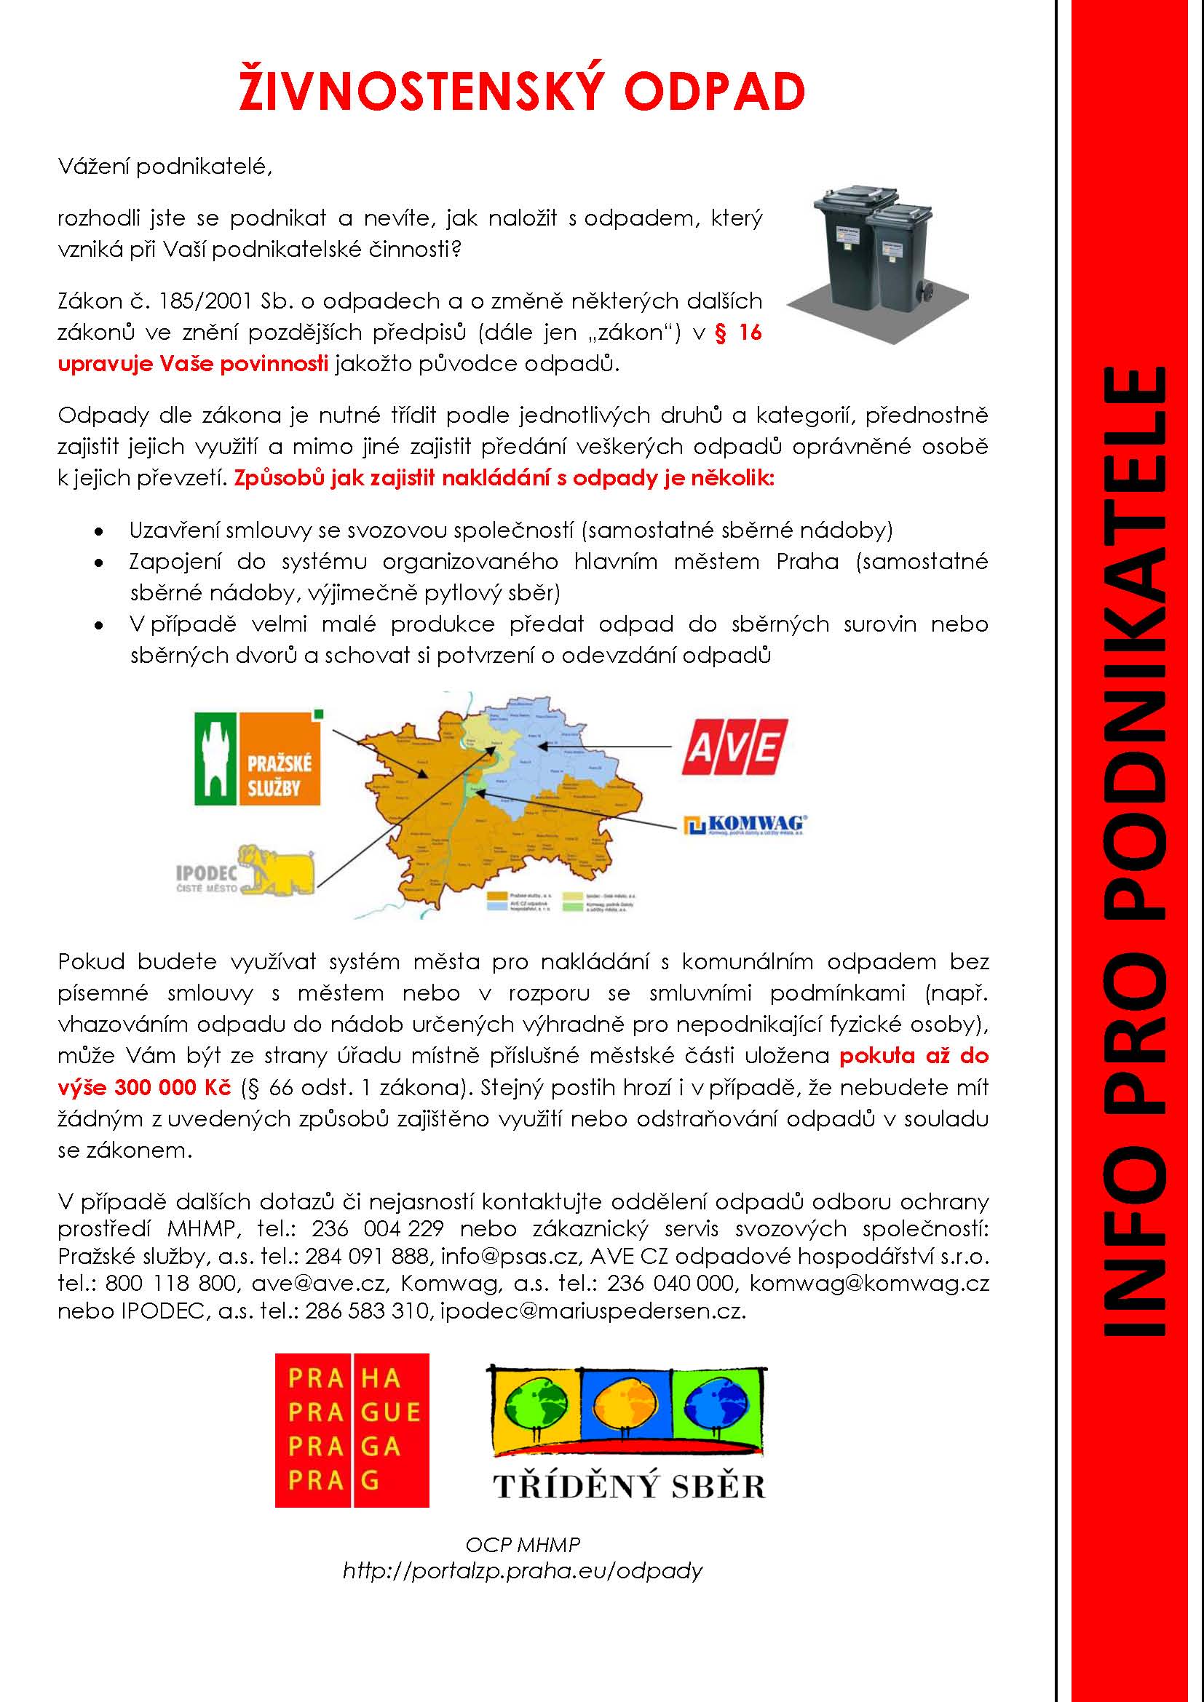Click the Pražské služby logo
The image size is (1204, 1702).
click(x=257, y=758)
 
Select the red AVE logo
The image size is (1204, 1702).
click(x=734, y=747)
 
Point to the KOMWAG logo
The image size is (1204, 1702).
click(x=745, y=825)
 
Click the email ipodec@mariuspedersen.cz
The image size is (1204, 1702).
click(x=593, y=1311)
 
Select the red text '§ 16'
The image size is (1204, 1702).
click(x=738, y=333)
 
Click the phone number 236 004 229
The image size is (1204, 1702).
click(x=377, y=1229)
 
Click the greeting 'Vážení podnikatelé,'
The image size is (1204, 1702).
click(x=165, y=167)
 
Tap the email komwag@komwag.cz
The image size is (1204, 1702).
click(x=869, y=1284)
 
